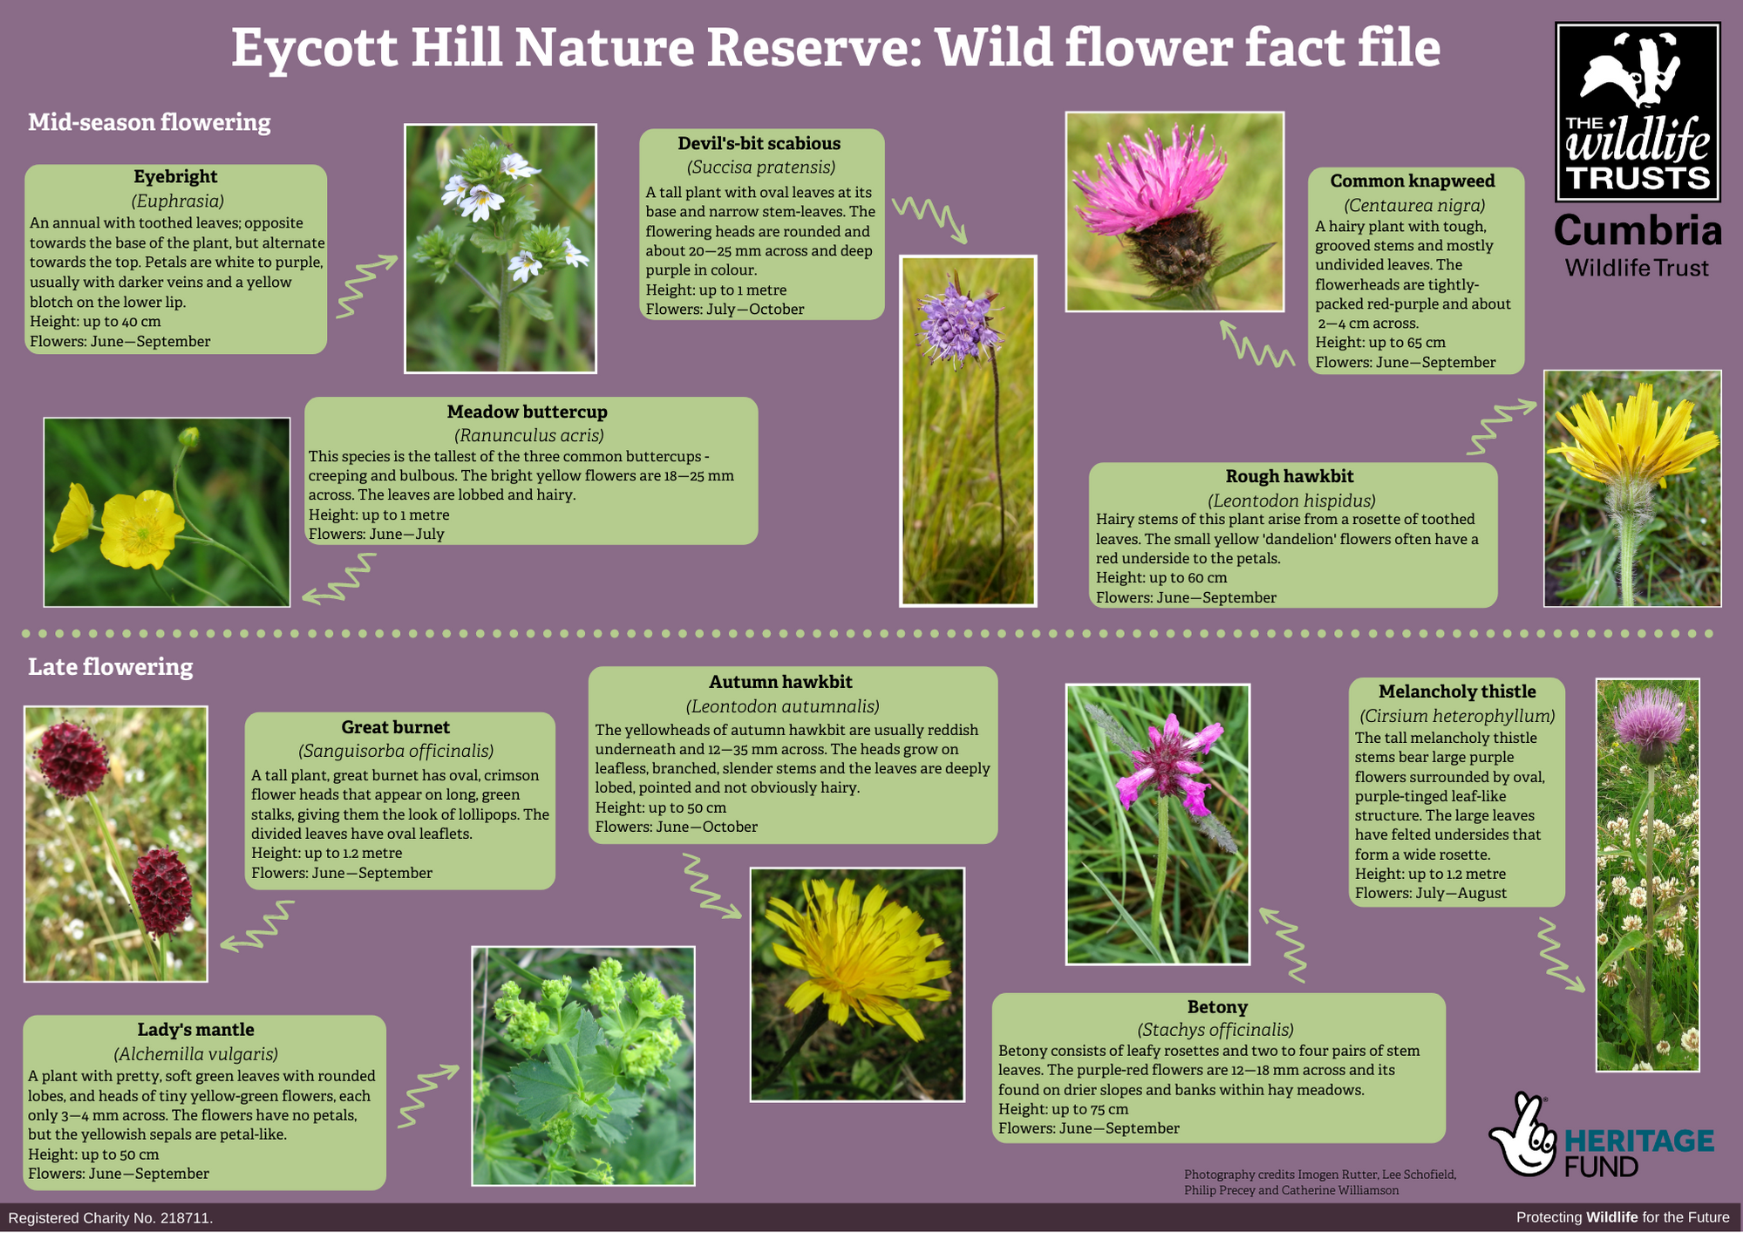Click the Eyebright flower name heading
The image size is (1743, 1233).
tap(175, 177)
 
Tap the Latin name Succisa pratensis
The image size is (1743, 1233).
tap(761, 167)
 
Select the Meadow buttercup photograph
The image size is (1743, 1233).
tap(167, 512)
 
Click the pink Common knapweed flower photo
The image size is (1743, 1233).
tap(1174, 212)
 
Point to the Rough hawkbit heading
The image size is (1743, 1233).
tap(1290, 476)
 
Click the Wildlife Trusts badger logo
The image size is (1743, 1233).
tap(1637, 112)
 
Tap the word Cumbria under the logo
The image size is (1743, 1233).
tap(1637, 231)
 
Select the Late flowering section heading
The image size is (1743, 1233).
tap(111, 667)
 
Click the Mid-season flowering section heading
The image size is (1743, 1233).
tap(149, 122)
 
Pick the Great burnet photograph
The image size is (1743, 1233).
tap(116, 844)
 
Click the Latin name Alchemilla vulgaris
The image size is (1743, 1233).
tap(196, 1053)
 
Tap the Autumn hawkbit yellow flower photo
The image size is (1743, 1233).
tap(857, 984)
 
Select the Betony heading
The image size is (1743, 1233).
tap(1217, 1007)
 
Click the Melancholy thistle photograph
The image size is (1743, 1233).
tap(1647, 875)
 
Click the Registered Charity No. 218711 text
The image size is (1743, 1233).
tap(111, 1218)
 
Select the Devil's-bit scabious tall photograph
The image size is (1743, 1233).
tap(968, 431)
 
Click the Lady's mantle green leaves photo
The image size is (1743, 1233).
tap(583, 1066)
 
